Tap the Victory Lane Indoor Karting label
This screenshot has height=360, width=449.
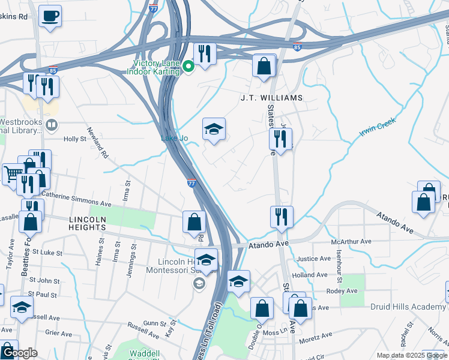[153, 67]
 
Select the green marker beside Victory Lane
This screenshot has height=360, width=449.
[188, 67]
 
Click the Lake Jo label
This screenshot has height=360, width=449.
[174, 139]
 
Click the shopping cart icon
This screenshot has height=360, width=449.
[13, 175]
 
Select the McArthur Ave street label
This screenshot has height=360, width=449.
[351, 241]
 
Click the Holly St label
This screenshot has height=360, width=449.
[75, 139]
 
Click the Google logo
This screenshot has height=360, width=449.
[19, 353]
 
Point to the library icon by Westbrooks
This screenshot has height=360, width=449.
[52, 125]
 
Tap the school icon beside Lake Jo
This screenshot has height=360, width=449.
[213, 129]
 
